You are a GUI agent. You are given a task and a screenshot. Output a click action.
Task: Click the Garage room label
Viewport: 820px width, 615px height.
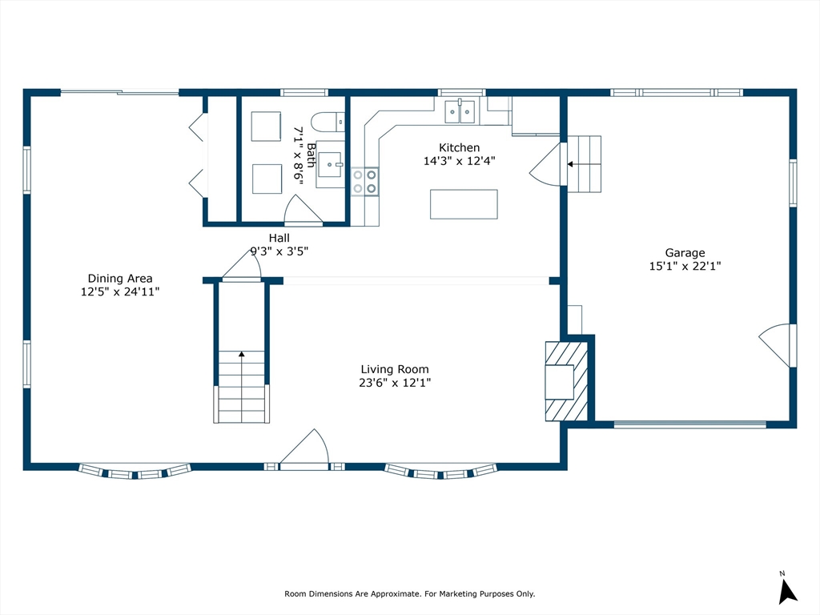(685, 252)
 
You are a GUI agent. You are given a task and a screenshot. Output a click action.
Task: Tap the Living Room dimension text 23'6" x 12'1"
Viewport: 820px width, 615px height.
(395, 383)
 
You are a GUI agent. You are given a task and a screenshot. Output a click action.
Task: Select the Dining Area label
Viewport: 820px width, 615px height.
(120, 278)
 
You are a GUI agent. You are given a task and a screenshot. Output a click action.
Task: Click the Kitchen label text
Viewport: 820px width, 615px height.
(459, 147)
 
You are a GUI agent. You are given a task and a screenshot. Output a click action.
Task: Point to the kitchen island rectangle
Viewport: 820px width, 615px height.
(464, 204)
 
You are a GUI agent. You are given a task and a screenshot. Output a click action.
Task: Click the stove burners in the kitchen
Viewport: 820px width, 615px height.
(364, 182)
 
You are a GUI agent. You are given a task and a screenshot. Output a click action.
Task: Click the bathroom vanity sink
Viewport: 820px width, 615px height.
(331, 165)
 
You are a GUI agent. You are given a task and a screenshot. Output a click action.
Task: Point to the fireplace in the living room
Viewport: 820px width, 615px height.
(566, 381)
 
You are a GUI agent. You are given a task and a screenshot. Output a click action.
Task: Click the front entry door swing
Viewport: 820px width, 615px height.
(305, 447)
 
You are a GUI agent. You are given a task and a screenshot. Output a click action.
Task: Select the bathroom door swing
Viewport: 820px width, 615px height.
(303, 210)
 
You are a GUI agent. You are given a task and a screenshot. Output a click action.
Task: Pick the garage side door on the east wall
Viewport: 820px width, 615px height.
(778, 346)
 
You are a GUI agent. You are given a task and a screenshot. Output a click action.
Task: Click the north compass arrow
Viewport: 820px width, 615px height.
(787, 592)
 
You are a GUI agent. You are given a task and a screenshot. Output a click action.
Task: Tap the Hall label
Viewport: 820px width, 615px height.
(279, 238)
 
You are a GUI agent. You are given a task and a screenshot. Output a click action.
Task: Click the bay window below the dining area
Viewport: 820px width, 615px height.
(135, 471)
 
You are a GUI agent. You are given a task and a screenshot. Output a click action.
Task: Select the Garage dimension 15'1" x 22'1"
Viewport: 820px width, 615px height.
(685, 266)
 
